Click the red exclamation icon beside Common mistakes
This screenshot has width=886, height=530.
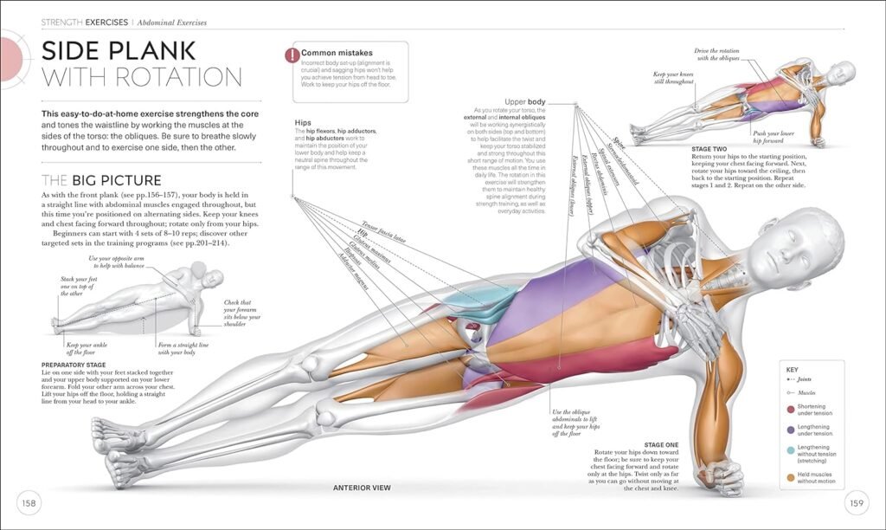[291, 55]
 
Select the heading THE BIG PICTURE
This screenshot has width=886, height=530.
[101, 180]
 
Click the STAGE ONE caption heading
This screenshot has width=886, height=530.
[660, 444]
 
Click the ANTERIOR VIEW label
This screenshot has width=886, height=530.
[362, 488]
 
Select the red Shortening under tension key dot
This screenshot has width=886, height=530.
[790, 409]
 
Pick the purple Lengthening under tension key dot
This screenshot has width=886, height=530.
[790, 429]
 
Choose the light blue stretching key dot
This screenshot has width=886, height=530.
[790, 450]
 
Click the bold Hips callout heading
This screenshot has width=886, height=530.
[303, 122]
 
